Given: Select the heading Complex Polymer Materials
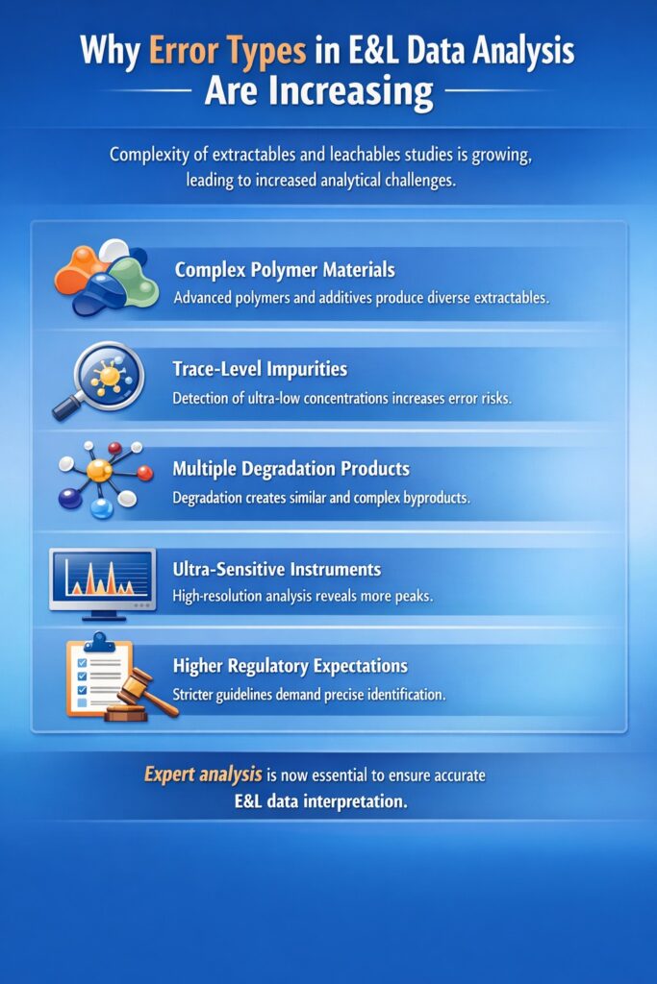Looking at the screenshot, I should point(284,270).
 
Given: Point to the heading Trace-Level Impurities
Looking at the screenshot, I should point(260,369).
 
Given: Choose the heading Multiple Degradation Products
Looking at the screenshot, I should point(291,470).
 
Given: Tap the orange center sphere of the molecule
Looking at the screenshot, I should point(99,471).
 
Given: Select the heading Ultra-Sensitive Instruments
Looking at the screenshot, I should point(276,570).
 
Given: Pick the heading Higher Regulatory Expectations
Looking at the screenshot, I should point(290,666).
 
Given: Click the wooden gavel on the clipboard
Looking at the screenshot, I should point(144,695).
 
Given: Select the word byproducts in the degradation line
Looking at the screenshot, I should point(435,499).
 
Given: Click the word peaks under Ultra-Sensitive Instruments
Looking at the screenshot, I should point(410,596).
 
